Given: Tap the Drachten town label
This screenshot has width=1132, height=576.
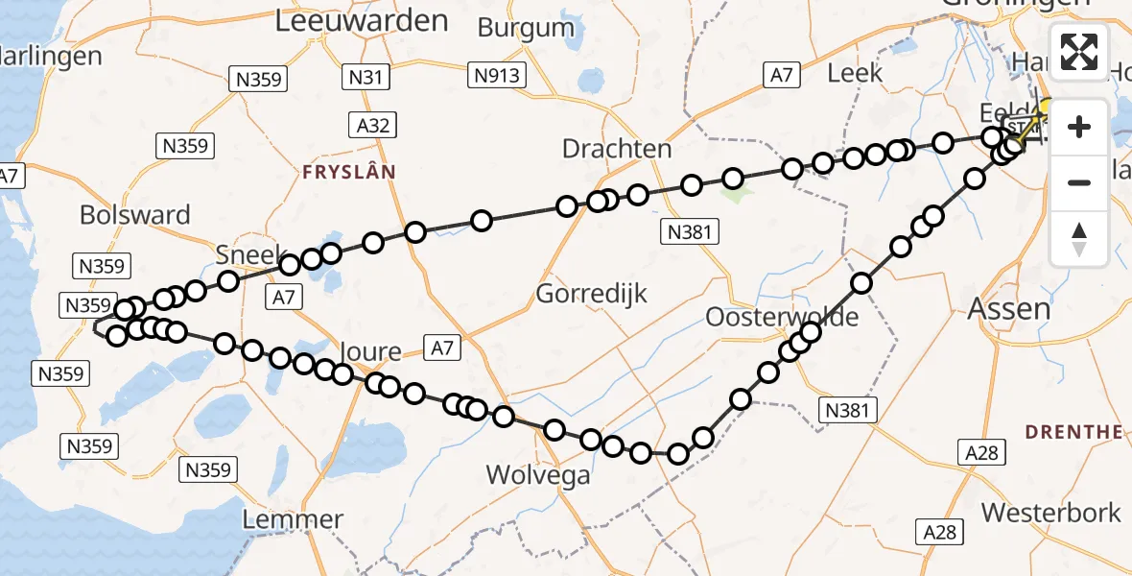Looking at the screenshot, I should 616,149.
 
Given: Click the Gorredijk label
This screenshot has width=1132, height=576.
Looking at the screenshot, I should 592,294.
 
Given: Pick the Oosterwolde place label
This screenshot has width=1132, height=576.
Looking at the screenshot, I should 781,317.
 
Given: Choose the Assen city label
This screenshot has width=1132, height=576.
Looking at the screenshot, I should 1009,309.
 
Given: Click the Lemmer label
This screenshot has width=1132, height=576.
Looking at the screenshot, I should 293,520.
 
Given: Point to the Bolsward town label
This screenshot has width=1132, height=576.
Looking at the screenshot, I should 135,215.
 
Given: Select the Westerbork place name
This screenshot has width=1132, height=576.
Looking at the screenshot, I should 1050,513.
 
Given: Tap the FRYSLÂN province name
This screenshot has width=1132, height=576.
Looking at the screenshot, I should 348,173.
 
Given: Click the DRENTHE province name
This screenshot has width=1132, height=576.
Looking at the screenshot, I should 1074,432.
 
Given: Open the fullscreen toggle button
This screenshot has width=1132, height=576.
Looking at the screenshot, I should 1079,52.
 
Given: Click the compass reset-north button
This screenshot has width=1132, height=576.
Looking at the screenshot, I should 1079,238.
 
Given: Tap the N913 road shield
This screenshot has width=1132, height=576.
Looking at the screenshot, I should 495,74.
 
